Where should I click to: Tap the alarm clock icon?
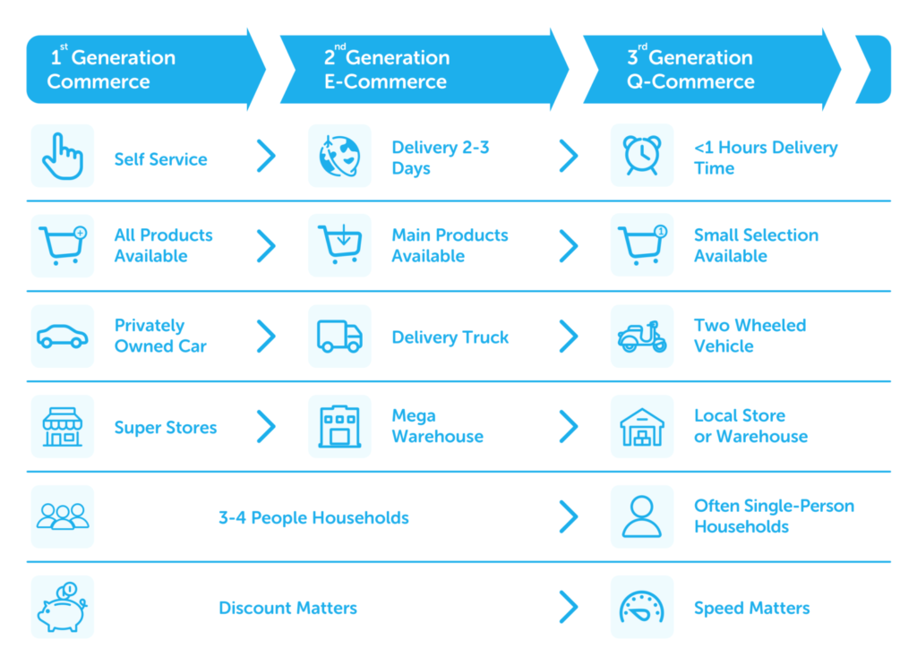(641, 156)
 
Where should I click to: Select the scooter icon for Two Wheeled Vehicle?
(641, 337)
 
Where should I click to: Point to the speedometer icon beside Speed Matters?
(641, 608)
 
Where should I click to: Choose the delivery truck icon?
(339, 336)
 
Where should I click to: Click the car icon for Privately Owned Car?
(62, 337)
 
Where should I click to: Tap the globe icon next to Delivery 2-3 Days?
(339, 156)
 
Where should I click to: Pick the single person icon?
(641, 516)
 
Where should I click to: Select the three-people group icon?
(62, 516)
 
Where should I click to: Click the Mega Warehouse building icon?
(339, 427)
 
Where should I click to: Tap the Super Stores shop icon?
(62, 427)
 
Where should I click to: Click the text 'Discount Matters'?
(287, 608)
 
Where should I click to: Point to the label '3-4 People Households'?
(313, 517)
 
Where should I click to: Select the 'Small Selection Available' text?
(756, 245)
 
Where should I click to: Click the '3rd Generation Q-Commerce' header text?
(690, 69)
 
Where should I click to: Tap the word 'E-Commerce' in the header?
(385, 81)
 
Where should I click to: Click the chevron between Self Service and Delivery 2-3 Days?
(266, 156)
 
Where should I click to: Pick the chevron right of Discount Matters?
(569, 607)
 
